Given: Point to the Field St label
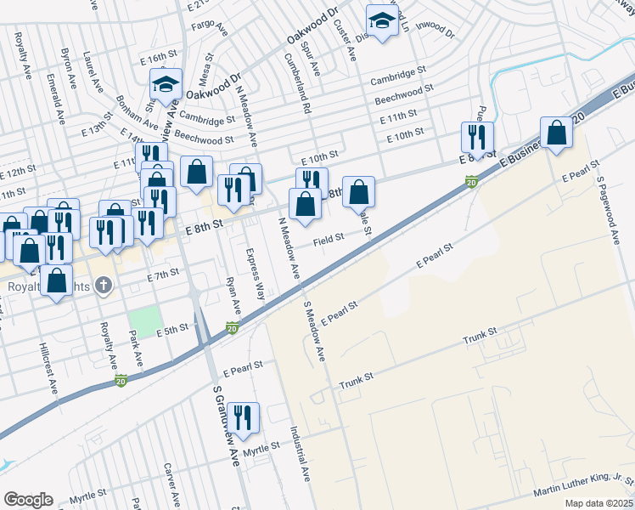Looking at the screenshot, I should pos(328,240).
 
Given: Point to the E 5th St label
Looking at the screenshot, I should pos(171,329).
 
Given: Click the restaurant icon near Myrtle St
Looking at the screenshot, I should pos(244,417).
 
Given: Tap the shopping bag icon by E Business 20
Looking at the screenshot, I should pos(556,133).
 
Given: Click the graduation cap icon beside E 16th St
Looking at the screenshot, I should pos(166,83).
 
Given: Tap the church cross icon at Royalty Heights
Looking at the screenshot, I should pos(103,285).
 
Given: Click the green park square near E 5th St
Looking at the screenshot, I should pos(145,320).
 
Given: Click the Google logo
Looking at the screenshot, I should pos(28,500).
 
